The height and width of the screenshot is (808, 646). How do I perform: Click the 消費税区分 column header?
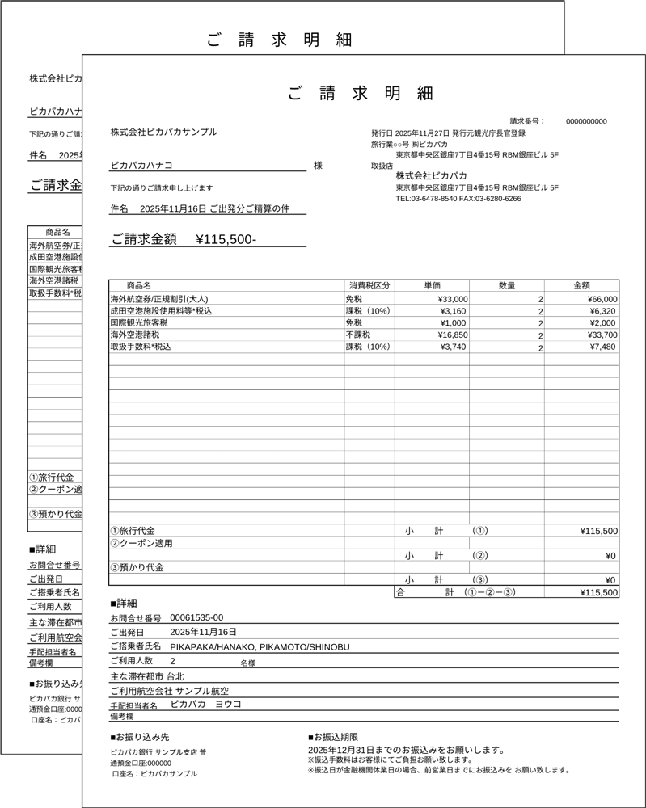(369, 285)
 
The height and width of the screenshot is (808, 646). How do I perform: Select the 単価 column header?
(432, 285)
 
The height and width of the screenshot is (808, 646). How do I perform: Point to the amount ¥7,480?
(602, 347)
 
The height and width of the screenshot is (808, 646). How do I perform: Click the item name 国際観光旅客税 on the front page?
(138, 322)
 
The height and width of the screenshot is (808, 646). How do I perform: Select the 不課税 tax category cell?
(358, 335)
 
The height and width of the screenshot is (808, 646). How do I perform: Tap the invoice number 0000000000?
(586, 121)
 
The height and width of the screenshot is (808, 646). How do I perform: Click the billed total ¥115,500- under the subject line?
(226, 239)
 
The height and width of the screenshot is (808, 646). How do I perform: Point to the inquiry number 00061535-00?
(196, 617)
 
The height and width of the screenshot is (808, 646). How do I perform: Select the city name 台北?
(175, 675)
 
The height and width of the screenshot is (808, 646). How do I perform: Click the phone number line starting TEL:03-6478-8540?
(458, 199)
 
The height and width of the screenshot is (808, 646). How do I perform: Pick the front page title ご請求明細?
(363, 94)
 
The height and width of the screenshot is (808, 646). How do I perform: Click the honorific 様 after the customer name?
(318, 166)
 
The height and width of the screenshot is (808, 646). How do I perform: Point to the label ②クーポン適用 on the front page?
(141, 544)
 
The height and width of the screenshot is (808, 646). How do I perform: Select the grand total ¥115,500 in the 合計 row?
(599, 592)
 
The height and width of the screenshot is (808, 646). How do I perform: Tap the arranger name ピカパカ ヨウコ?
(205, 704)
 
